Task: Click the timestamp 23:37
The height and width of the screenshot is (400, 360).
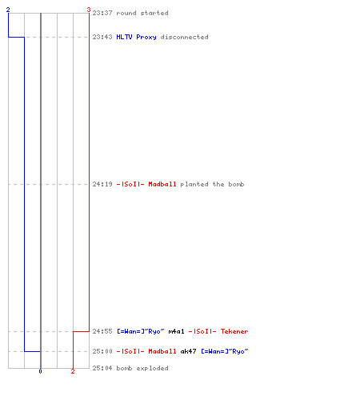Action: click(x=102, y=13)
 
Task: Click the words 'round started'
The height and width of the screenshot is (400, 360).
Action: click(x=142, y=13)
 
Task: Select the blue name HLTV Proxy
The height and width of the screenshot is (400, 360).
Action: click(x=136, y=37)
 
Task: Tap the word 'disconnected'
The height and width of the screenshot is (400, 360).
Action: click(x=184, y=37)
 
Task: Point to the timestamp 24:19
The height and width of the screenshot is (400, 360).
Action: click(x=102, y=184)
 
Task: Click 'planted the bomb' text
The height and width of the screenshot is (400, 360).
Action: click(x=212, y=184)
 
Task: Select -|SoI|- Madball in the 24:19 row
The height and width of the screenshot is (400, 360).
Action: click(x=146, y=184)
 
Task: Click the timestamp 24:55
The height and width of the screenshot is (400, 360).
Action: click(x=102, y=331)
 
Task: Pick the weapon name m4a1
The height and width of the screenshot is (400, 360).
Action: click(x=176, y=331)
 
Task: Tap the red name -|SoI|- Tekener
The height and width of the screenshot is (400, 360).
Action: click(x=218, y=331)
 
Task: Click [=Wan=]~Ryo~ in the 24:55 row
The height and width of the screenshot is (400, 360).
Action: click(x=141, y=331)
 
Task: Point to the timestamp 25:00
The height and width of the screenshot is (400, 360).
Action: click(x=102, y=351)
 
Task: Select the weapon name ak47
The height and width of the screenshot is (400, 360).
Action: click(x=188, y=351)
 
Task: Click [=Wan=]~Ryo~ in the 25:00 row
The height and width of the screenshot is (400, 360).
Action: click(x=225, y=351)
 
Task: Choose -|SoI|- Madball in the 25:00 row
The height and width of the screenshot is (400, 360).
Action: click(x=146, y=351)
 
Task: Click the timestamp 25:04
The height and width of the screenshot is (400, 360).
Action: click(x=102, y=368)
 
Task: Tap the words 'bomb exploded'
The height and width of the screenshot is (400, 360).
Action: click(x=142, y=368)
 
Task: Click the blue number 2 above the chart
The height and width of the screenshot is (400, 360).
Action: click(x=8, y=10)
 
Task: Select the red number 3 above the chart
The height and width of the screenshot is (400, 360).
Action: click(x=89, y=10)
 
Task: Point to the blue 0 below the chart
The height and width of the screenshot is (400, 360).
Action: click(x=40, y=371)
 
